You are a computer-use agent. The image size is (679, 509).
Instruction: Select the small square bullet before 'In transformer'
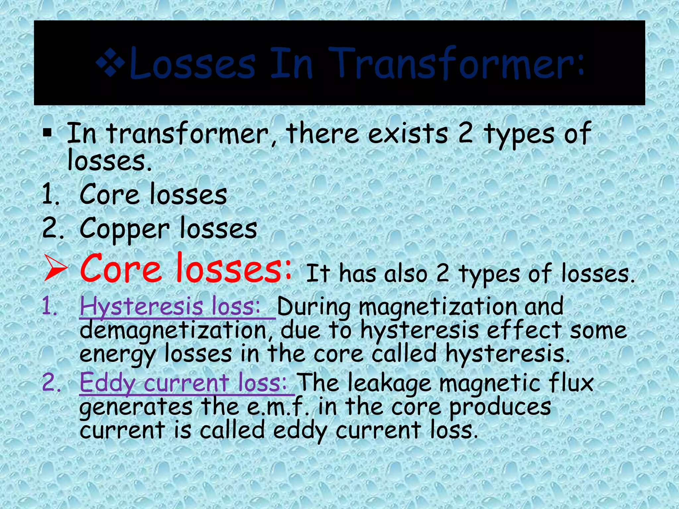coord(47,133)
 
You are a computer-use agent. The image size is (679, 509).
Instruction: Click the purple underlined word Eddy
coord(106,383)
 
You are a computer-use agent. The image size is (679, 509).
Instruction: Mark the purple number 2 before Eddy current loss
coord(50,383)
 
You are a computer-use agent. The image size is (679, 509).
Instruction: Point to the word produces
coord(500,407)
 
